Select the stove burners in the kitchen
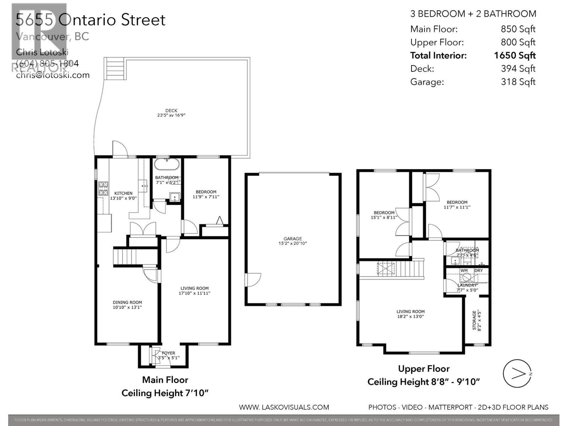coord(103,189)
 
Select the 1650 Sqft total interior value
coord(514,55)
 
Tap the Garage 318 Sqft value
coord(518,82)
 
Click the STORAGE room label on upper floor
coord(477,321)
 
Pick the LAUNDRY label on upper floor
coord(467,285)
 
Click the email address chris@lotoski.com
coord(53,75)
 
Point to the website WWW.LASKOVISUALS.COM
coord(284,407)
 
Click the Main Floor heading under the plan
coord(165,380)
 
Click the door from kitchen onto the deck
coord(120,149)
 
